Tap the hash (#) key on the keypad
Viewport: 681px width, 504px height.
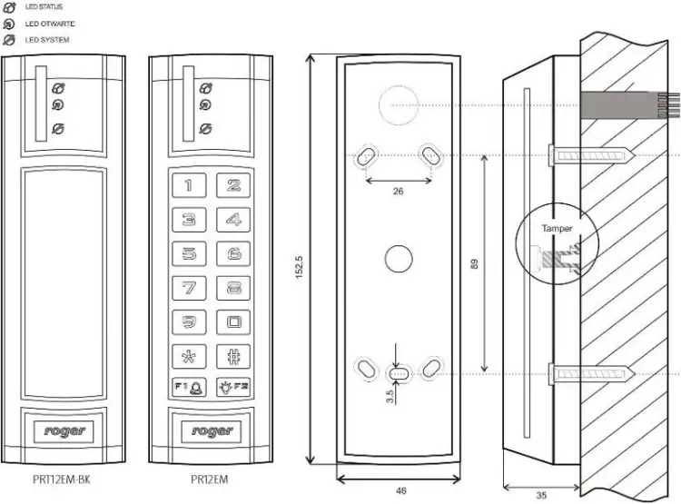[233, 356]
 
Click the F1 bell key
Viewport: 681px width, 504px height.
[189, 387]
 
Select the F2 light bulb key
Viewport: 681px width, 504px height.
[233, 387]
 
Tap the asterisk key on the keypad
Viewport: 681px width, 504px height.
[189, 356]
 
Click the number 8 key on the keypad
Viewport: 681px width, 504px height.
[233, 288]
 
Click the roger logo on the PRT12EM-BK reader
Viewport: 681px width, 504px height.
[64, 431]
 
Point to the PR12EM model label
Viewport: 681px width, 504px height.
[210, 479]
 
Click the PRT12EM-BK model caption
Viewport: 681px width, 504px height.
[62, 479]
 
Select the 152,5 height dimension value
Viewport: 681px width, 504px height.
[300, 267]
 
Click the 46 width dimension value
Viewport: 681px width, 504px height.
[400, 491]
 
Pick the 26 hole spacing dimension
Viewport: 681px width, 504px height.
[398, 192]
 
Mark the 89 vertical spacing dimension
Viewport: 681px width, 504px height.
[474, 264]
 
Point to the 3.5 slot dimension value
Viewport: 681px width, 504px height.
[390, 396]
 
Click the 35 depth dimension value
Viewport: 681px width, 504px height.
[541, 495]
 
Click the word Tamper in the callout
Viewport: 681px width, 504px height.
[557, 229]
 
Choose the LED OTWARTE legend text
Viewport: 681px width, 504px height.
[50, 24]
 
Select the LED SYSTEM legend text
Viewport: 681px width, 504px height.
[47, 40]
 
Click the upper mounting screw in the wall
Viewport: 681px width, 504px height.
[592, 155]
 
